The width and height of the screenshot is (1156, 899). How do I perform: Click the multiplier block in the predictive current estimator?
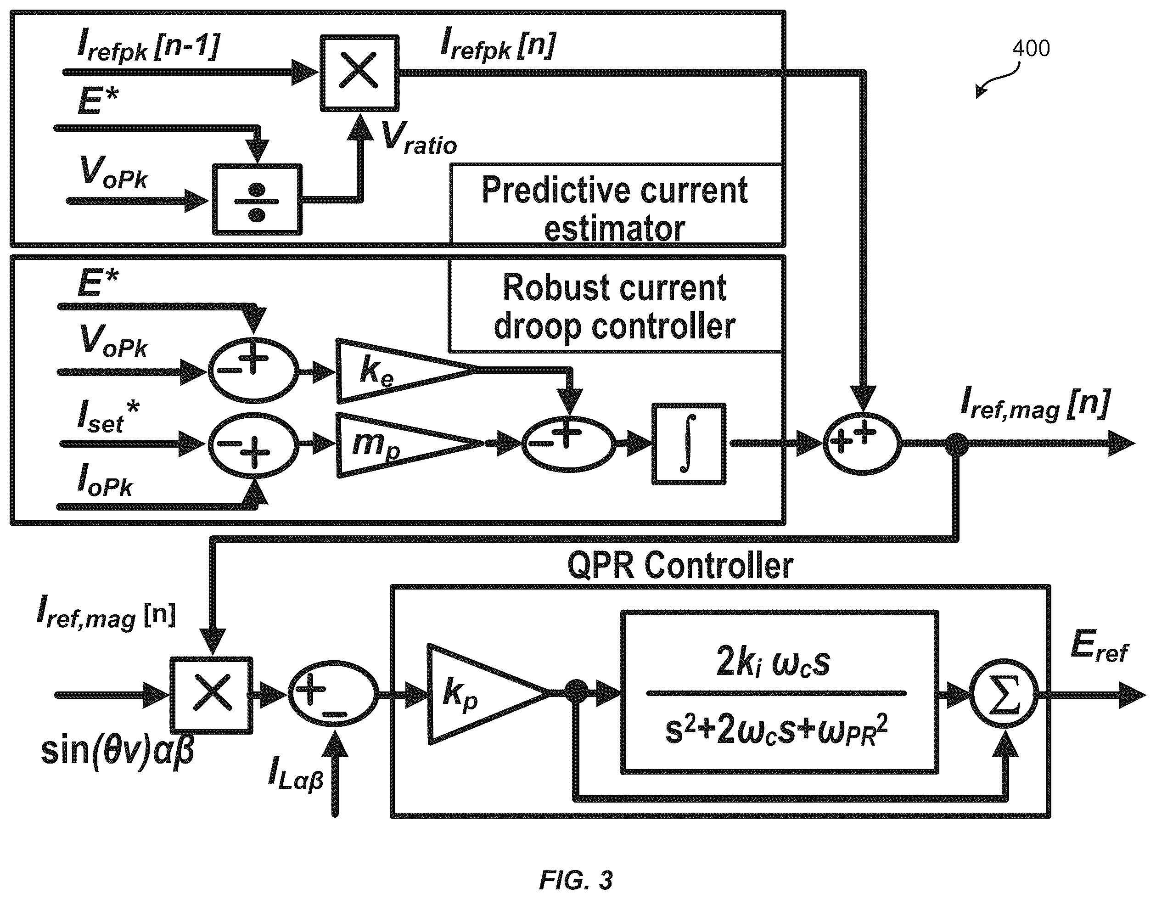(359, 73)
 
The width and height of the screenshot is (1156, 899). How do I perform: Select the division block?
(257, 200)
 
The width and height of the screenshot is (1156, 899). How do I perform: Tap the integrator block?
(689, 444)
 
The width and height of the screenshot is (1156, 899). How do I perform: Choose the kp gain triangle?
(487, 694)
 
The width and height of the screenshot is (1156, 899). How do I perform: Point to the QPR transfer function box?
(779, 692)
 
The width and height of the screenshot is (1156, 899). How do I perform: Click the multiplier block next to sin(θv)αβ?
(212, 695)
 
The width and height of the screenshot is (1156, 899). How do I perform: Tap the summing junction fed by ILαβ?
(333, 694)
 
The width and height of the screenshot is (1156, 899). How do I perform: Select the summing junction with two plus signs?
(862, 443)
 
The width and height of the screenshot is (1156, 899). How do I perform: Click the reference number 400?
(1031, 48)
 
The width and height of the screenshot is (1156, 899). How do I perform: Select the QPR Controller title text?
(680, 566)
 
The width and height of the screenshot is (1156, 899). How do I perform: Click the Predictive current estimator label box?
(616, 204)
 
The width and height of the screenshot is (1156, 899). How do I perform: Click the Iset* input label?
(108, 417)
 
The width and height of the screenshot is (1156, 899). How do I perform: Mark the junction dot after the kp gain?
(577, 692)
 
